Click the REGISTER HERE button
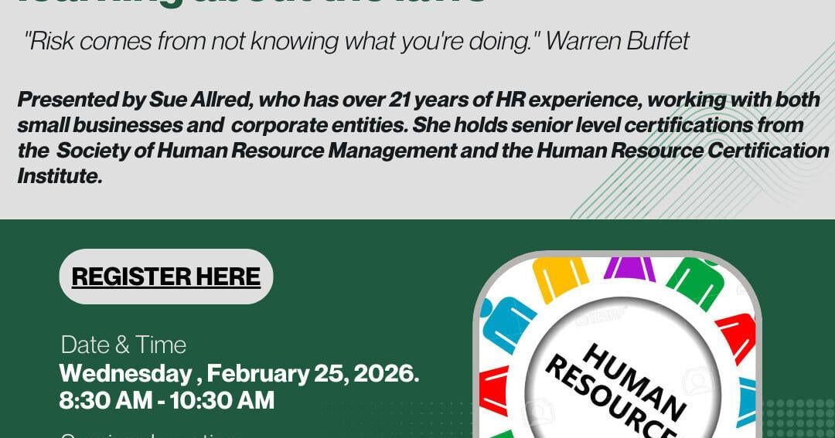pyautogui.click(x=165, y=277)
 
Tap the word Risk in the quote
pyautogui.click(x=50, y=42)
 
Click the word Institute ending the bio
pyautogui.click(x=59, y=176)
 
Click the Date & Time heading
pyautogui.click(x=124, y=345)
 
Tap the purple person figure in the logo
pyautogui.click(x=629, y=267)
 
